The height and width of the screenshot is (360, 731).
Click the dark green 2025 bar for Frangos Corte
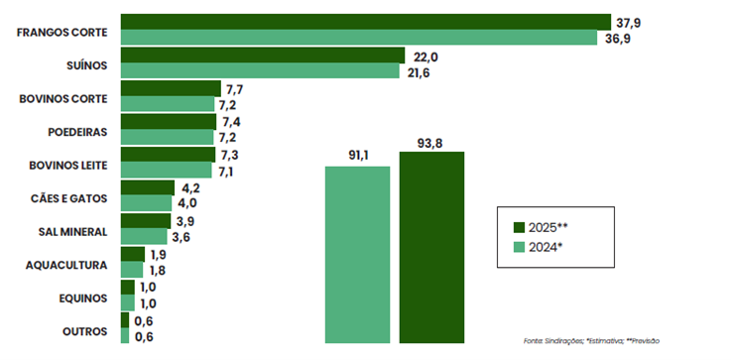tap(365, 22)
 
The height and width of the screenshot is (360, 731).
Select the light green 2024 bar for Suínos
tap(261, 71)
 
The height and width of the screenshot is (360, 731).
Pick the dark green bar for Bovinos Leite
tap(168, 155)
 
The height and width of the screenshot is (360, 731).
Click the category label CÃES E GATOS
tap(70, 197)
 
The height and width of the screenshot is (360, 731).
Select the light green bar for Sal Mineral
tap(143, 237)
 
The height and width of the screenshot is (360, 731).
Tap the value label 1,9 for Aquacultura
tap(158, 255)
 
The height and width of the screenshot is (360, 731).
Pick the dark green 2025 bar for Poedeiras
tap(168, 122)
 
